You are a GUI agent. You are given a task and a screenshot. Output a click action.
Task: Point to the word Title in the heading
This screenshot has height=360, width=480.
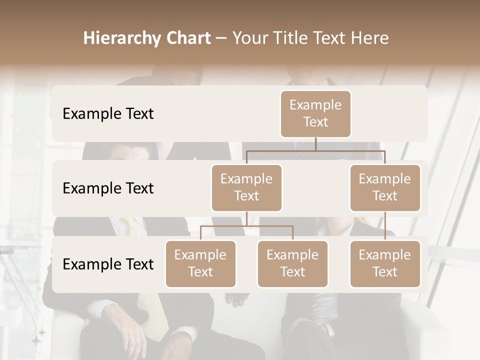pos(295,38)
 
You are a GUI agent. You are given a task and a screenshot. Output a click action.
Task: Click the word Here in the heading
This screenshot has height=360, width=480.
pos(370,38)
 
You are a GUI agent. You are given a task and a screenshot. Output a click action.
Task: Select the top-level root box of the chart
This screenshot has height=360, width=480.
pos(315,113)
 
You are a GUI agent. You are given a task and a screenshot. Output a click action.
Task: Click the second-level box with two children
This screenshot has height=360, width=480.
pos(246,187)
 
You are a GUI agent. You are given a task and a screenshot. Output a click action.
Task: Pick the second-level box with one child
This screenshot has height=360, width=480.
pos(385,187)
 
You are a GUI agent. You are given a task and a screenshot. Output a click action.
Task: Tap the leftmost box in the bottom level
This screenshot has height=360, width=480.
pos(200,263)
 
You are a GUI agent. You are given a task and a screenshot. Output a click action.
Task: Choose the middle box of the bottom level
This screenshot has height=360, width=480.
pos(292,263)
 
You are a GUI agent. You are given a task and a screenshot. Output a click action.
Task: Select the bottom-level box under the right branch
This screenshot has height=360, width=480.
pos(385,263)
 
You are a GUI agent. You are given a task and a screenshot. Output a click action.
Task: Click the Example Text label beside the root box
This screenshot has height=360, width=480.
pos(108,114)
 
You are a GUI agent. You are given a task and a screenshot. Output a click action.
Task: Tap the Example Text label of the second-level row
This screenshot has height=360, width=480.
pos(108,188)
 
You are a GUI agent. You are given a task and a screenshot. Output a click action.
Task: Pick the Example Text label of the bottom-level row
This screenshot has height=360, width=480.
pos(108,264)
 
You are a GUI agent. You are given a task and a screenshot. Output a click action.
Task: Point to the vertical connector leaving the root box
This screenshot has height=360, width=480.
pos(315,144)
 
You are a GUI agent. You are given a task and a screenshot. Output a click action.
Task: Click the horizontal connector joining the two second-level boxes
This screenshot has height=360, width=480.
pos(315,150)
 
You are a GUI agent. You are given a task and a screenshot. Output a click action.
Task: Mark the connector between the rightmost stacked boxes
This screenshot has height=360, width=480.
pos(385,226)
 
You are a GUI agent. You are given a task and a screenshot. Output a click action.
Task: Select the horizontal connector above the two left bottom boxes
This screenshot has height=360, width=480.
pos(246,226)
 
